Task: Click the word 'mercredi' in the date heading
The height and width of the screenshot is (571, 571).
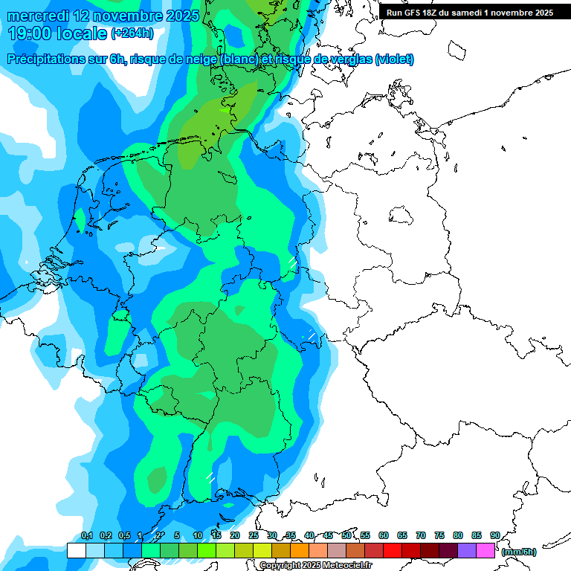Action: coord(36,16)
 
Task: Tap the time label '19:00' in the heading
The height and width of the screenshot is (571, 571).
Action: coord(30,33)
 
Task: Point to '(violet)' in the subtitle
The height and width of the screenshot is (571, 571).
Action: coord(395,59)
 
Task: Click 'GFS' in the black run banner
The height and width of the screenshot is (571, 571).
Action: coord(416,13)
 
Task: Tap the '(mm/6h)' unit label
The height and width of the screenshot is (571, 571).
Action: coord(518,552)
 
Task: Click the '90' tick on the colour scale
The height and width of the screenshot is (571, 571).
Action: coord(494,535)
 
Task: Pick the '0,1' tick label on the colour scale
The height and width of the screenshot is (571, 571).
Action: coord(86,535)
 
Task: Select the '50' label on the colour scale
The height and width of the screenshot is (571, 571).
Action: coord(346,535)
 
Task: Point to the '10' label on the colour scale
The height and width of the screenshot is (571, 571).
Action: coord(198,535)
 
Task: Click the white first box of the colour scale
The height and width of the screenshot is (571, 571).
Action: coord(76,551)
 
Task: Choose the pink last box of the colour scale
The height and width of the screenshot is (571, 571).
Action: coord(485,551)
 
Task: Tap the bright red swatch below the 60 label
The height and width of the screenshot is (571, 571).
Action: coord(392,551)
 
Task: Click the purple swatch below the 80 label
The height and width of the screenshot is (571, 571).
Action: coord(466,551)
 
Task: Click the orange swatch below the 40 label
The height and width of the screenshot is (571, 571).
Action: coord(317,551)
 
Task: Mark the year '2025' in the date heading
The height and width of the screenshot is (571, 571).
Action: coord(178,16)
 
